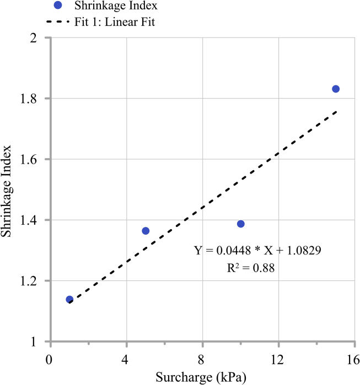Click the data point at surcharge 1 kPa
pos(69,300)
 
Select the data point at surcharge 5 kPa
pos(146,231)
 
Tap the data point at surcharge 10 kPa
pos(241,224)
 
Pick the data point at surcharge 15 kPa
pos(336,89)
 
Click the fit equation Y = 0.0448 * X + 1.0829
pos(257,250)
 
